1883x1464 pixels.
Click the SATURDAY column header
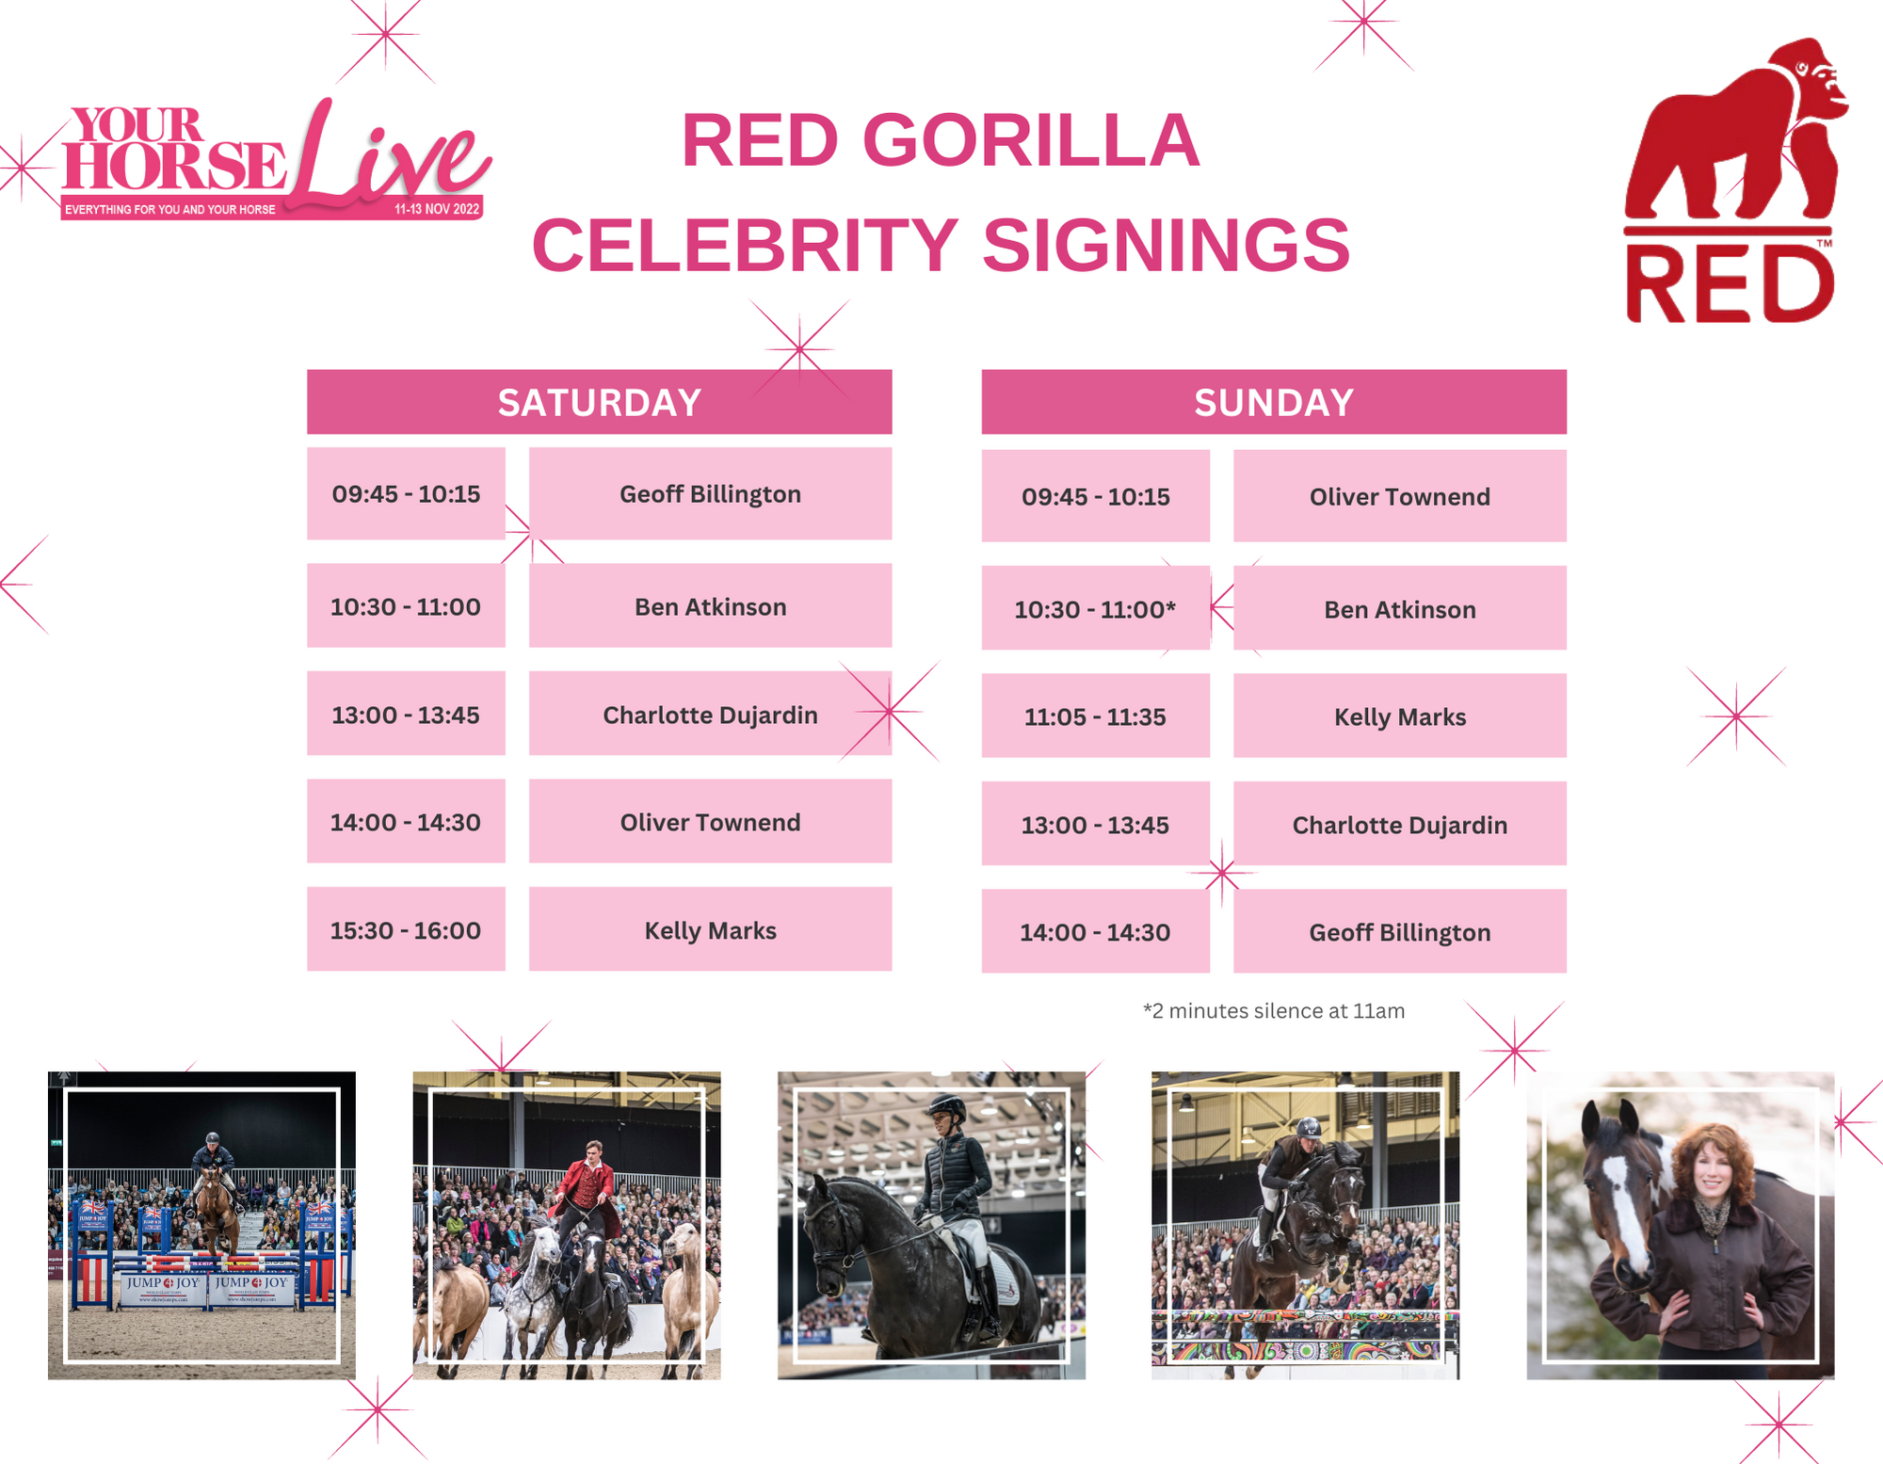599,402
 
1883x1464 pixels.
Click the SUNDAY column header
1274,402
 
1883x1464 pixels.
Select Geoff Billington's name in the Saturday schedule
710,493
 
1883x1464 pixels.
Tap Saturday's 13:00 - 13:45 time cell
406,714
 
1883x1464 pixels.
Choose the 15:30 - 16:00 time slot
406,929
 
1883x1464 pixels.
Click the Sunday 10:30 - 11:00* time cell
1095,608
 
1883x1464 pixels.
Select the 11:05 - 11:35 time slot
1095,716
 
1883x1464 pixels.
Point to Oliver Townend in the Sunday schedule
1400,496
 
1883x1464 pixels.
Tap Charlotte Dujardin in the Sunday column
1400,824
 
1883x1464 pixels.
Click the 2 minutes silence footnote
1274,1010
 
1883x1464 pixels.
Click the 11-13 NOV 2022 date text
437,209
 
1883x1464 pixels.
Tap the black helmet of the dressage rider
947,1106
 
